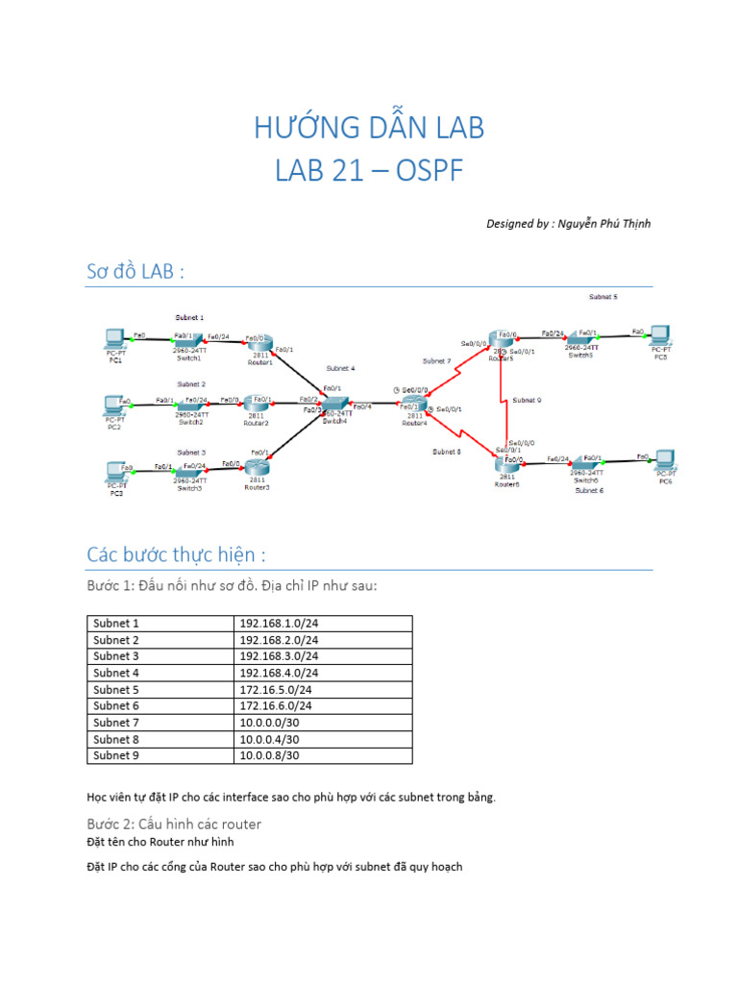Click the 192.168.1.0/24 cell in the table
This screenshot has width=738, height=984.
pos(279,624)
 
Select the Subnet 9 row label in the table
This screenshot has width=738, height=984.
pos(116,755)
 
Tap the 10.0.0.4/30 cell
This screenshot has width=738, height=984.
pos(270,739)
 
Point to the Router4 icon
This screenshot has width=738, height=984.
pos(414,405)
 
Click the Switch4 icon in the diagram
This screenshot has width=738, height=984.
pos(335,406)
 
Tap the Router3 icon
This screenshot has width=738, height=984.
pos(257,467)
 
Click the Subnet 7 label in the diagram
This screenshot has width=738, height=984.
pos(436,361)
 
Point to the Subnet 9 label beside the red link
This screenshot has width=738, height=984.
pos(527,400)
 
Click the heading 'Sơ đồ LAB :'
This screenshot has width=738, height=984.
pos(135,272)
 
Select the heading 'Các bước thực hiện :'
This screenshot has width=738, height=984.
pos(176,555)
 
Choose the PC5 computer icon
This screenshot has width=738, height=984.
pos(659,336)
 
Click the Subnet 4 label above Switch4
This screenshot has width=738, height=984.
pos(340,368)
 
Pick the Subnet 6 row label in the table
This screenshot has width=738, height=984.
pos(116,705)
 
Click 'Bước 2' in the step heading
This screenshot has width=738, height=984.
pos(112,824)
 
